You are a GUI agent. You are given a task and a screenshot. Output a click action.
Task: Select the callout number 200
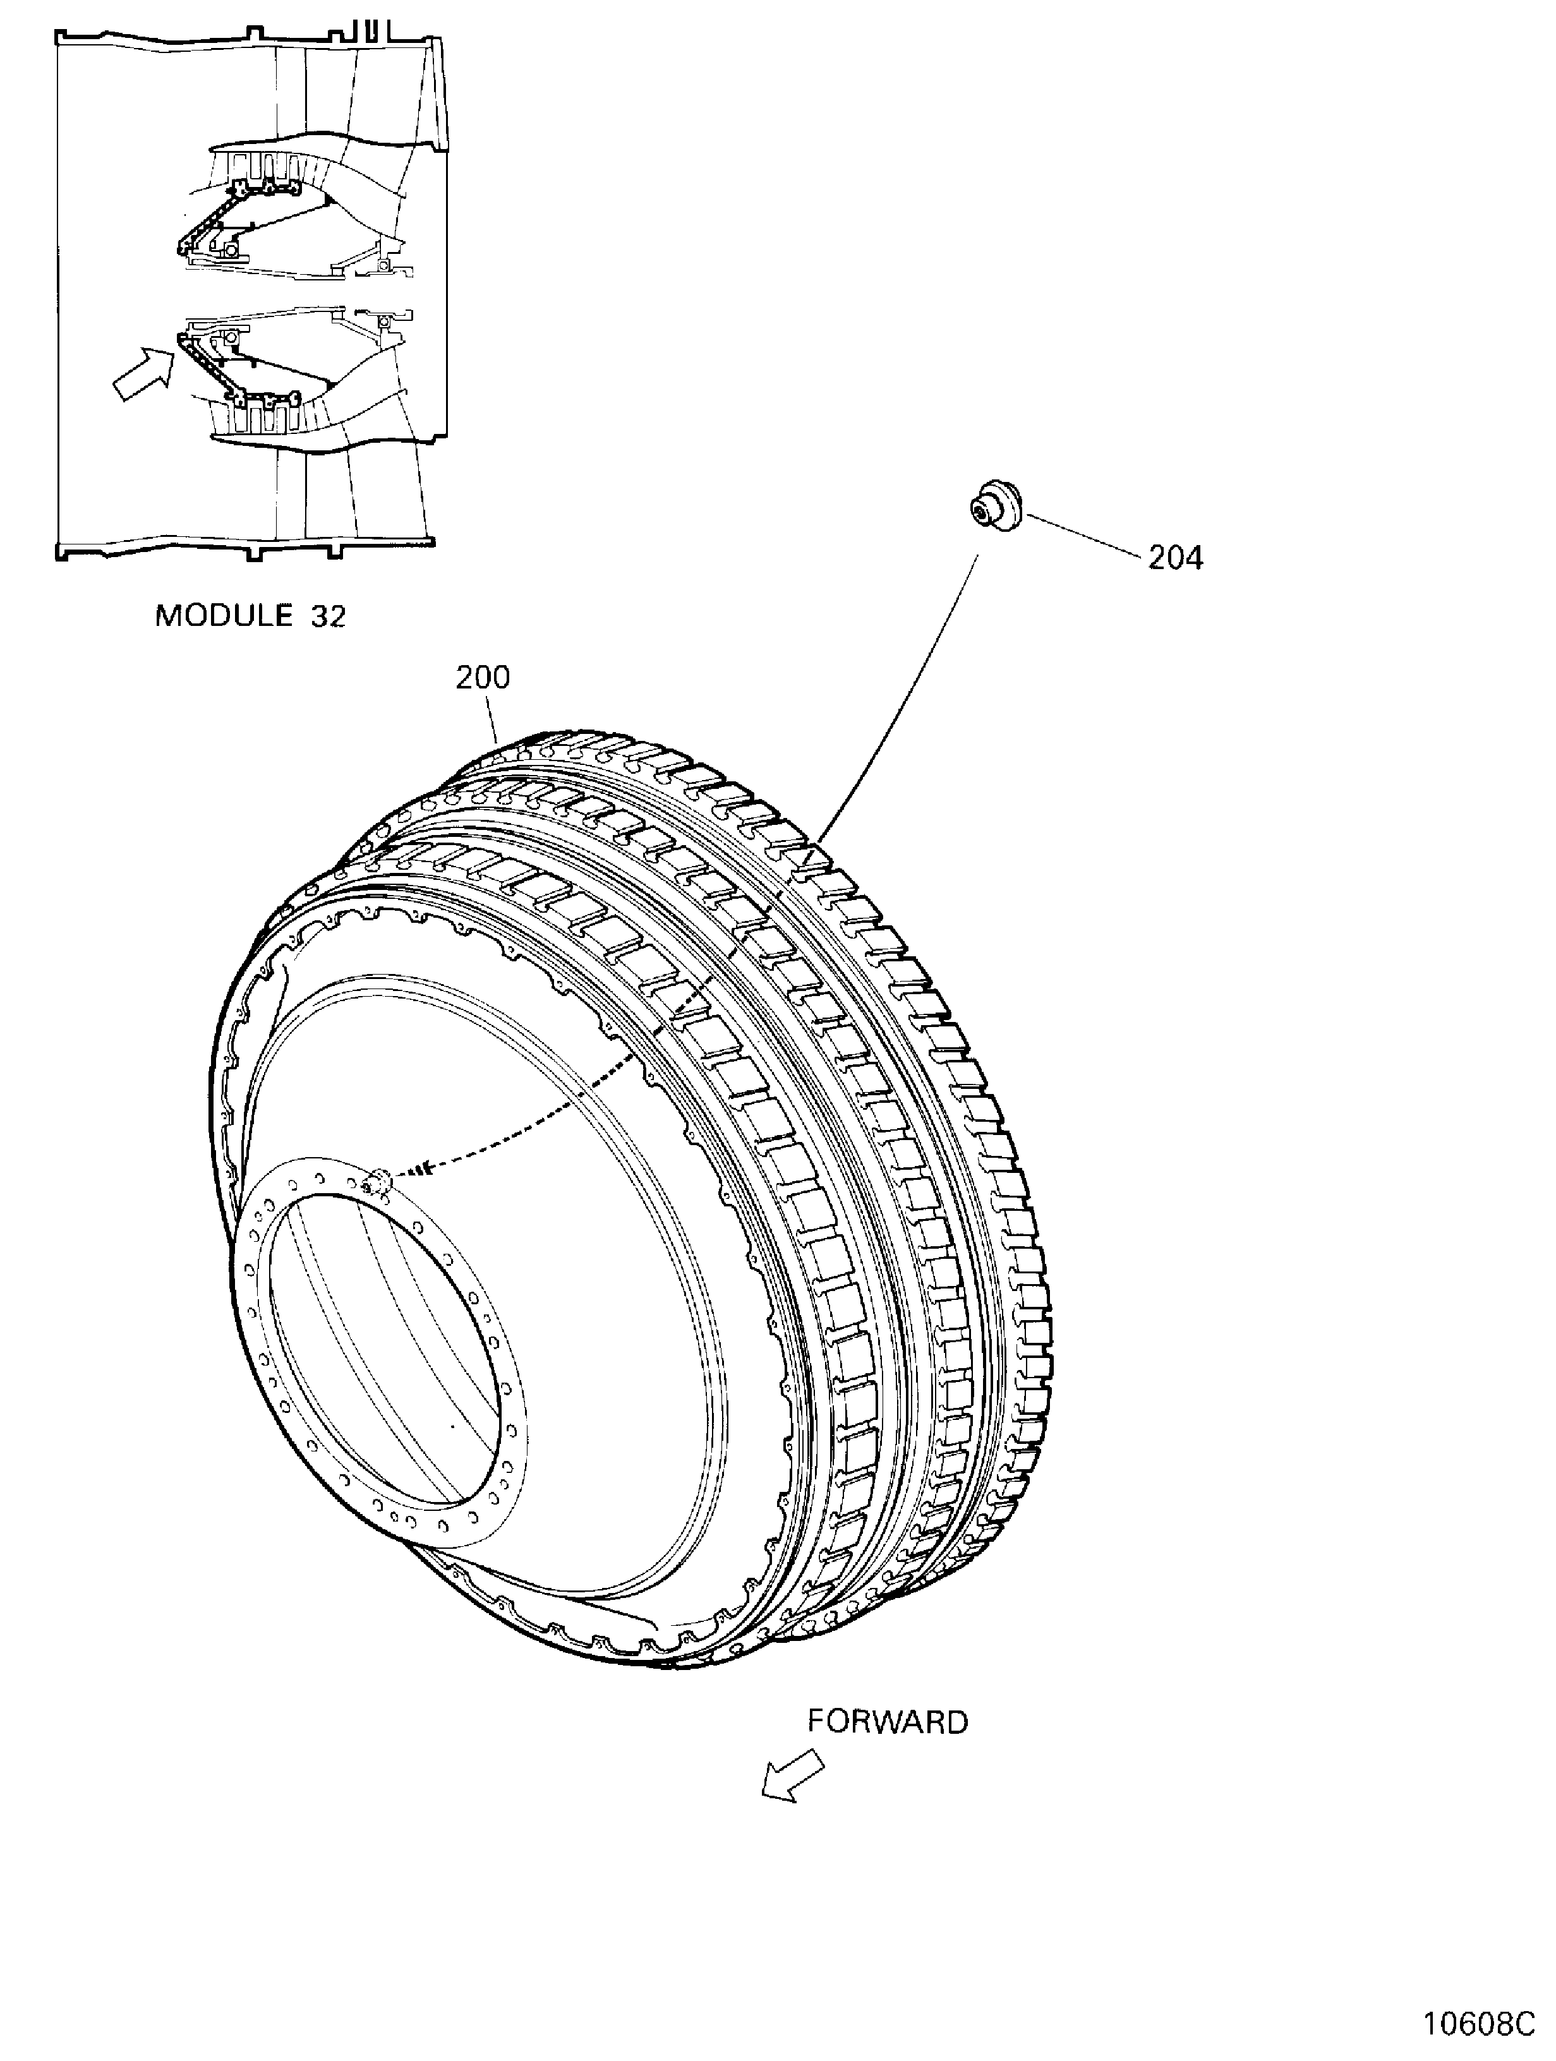click(x=483, y=677)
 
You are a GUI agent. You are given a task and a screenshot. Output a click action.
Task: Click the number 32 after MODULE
click(x=328, y=616)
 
